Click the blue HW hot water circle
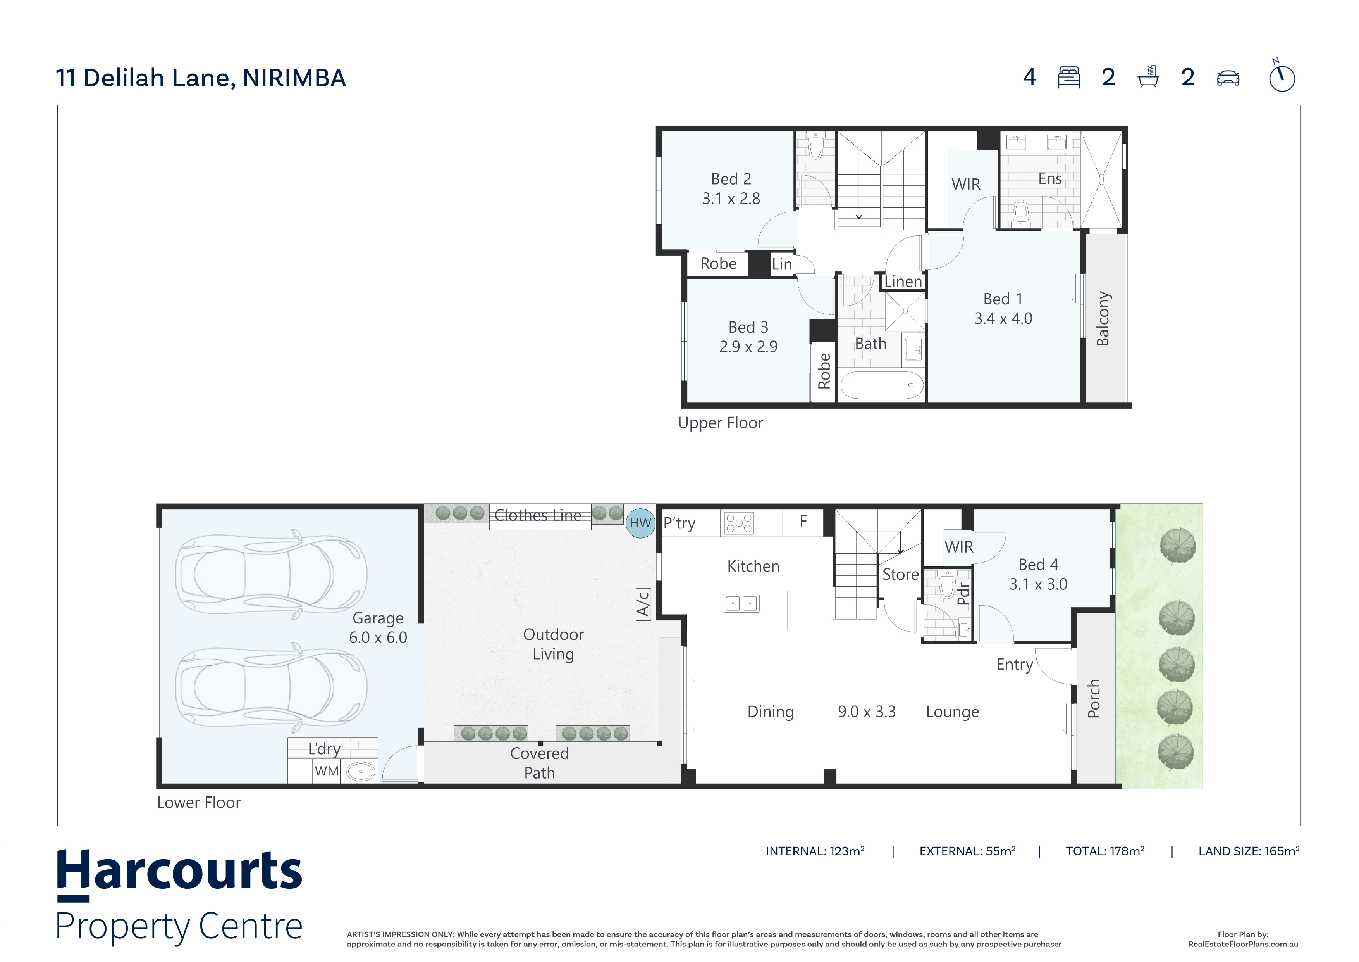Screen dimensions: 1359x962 coord(640,523)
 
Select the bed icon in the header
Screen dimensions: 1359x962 coord(1069,78)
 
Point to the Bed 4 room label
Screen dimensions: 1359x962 coord(1038,565)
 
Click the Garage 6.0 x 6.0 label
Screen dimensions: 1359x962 coord(378,628)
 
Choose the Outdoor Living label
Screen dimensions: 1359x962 coord(554,644)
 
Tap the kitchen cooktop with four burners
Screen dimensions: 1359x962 coord(739,523)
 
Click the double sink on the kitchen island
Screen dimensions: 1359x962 coord(741,604)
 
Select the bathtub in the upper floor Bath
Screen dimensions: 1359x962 coord(881,385)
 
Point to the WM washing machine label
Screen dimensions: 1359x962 coord(327,771)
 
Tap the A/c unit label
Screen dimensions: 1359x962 coord(643,604)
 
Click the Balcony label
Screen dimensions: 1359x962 coord(1103,319)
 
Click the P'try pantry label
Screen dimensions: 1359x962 coord(679,523)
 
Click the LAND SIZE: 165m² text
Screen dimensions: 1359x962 coord(1249,851)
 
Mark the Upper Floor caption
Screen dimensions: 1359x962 coord(720,423)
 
